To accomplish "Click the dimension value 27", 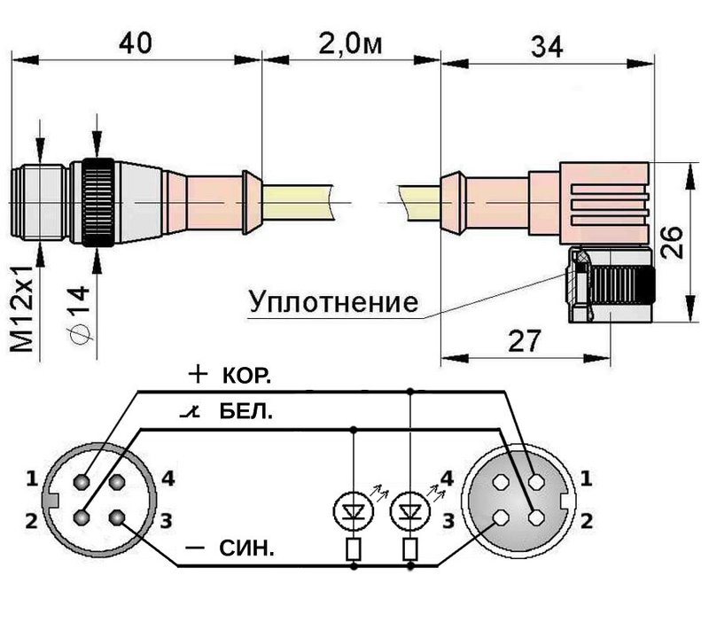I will point(526,340).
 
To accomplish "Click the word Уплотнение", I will point(332,303).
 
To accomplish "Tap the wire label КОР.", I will point(245,376).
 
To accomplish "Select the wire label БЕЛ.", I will point(245,413).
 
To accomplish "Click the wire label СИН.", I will point(247,549).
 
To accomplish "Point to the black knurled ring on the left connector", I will point(97,205).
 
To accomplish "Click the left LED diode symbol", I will point(355,511).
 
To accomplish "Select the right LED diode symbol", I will point(409,511).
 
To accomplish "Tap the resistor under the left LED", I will point(355,549).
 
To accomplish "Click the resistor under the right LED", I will point(409,549).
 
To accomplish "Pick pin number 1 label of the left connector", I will point(32,480).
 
